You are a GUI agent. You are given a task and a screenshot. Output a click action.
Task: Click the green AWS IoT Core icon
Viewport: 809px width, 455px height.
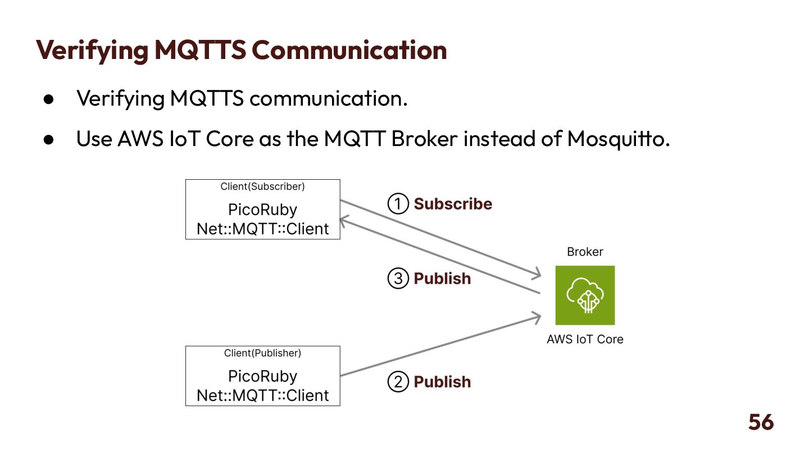click(585, 295)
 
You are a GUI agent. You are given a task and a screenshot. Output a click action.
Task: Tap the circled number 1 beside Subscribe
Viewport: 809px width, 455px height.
click(398, 204)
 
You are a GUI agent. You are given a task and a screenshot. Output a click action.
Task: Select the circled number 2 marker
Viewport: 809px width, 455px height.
click(398, 382)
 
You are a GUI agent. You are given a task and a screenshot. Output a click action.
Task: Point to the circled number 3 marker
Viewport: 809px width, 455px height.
click(398, 279)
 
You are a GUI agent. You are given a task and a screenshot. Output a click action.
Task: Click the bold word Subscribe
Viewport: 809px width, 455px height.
click(453, 204)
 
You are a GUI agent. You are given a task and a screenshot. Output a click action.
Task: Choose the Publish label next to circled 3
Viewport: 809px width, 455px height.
click(442, 279)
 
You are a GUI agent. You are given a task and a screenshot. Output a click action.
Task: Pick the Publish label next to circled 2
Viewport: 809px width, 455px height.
click(442, 382)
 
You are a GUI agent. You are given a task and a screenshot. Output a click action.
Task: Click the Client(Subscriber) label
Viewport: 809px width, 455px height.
click(262, 186)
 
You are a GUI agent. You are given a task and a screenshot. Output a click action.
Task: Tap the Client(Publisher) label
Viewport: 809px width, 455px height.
click(262, 353)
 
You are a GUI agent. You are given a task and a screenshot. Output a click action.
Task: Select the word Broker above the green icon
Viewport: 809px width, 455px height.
click(585, 252)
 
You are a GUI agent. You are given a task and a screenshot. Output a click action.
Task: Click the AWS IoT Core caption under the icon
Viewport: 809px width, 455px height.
click(585, 339)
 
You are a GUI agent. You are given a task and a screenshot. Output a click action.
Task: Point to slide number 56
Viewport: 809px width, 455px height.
click(761, 422)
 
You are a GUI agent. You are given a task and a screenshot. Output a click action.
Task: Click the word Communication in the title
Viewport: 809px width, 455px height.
click(349, 51)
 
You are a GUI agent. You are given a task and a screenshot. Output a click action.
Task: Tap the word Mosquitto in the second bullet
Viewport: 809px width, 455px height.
click(618, 139)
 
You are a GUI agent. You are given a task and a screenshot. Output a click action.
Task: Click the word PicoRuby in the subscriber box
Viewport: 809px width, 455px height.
click(262, 210)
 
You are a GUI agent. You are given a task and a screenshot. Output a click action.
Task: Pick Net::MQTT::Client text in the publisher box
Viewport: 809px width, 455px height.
click(262, 395)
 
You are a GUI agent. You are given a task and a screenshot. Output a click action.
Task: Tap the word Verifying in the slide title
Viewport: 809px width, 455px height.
click(92, 51)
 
